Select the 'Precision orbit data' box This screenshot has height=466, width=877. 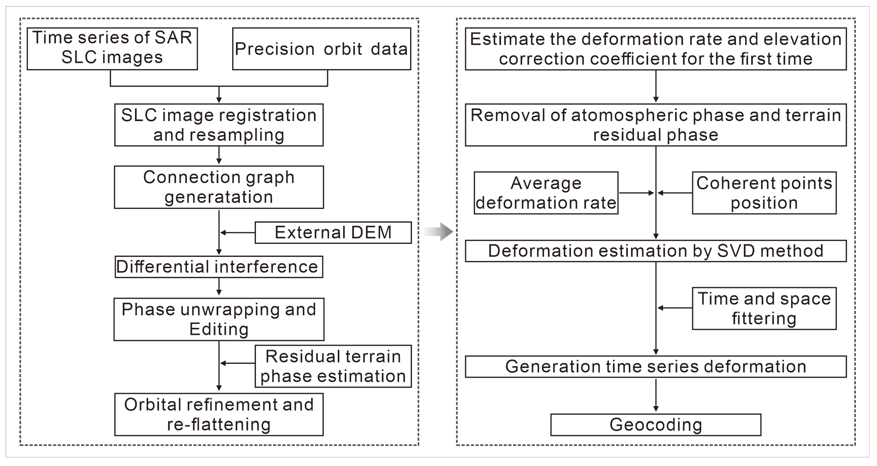pos(321,49)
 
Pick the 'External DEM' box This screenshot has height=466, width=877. pos(333,232)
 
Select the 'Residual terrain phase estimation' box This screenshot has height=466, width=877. pos(333,366)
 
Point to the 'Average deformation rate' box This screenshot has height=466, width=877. pos(546,193)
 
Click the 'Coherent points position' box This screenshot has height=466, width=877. pos(764,193)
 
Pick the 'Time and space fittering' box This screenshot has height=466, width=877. pos(764,308)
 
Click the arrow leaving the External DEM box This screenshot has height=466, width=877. pos(238,232)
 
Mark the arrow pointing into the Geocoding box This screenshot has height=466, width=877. pos(656,395)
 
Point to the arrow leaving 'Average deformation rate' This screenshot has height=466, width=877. pos(636,193)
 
